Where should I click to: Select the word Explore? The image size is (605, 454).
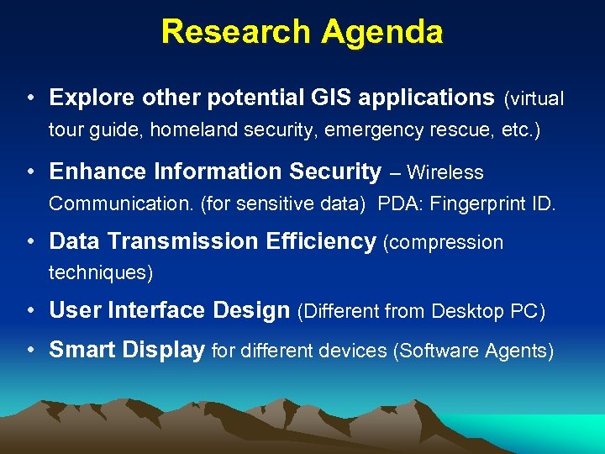pos(92,98)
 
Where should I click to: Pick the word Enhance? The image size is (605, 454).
pos(93,172)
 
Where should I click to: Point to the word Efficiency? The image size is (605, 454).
pos(320,241)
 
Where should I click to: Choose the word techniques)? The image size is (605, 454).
pos(100,273)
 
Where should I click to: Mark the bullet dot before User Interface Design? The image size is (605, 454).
pos(30,310)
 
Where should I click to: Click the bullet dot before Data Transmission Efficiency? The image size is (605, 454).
pos(30,241)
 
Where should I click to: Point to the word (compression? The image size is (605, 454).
pos(443,243)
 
